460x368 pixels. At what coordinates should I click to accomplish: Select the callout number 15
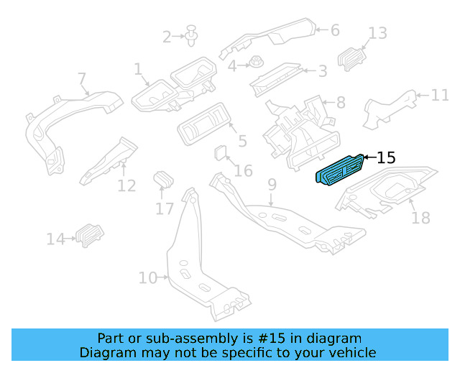(x=386, y=157)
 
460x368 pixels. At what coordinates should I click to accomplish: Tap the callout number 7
(x=81, y=78)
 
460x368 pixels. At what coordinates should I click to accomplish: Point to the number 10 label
(x=147, y=277)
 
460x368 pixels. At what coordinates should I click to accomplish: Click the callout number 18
(x=420, y=217)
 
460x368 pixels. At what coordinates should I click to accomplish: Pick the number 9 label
(x=272, y=185)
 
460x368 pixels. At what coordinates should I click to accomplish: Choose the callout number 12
(x=126, y=186)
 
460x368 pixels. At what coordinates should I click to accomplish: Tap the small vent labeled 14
(x=91, y=234)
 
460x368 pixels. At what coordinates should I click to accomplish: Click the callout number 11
(x=439, y=95)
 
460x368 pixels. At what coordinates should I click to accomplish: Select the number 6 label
(x=334, y=29)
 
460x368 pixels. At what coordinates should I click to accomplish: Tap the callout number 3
(x=323, y=70)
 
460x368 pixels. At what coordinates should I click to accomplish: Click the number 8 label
(x=340, y=102)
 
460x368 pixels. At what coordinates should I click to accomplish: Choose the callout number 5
(x=242, y=142)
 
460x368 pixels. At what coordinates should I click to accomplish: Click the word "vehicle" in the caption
(x=351, y=352)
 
